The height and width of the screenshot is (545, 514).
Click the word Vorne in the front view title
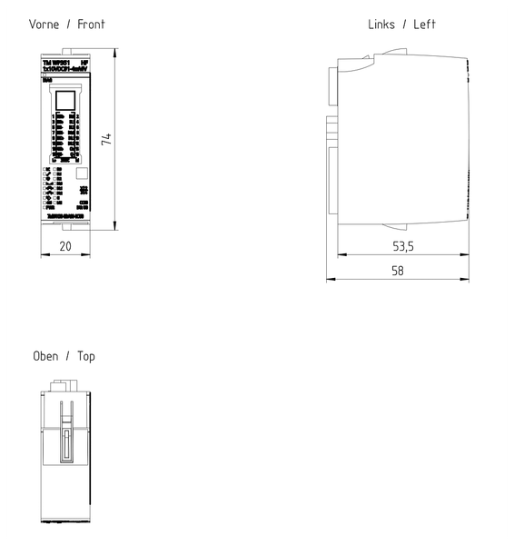[x=45, y=25]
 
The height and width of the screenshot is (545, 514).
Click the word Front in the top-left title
[x=90, y=25]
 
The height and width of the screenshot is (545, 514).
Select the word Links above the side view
[x=381, y=25]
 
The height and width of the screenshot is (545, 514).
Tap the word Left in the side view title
[x=425, y=25]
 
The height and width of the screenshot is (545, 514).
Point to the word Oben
[x=45, y=356]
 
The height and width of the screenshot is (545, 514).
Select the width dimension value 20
[x=65, y=246]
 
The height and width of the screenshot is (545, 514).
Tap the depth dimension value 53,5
[x=403, y=246]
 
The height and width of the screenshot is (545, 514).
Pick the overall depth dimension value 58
[x=398, y=270]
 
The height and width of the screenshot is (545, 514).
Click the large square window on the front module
[x=65, y=99]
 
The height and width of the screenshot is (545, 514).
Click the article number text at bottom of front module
[x=64, y=216]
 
